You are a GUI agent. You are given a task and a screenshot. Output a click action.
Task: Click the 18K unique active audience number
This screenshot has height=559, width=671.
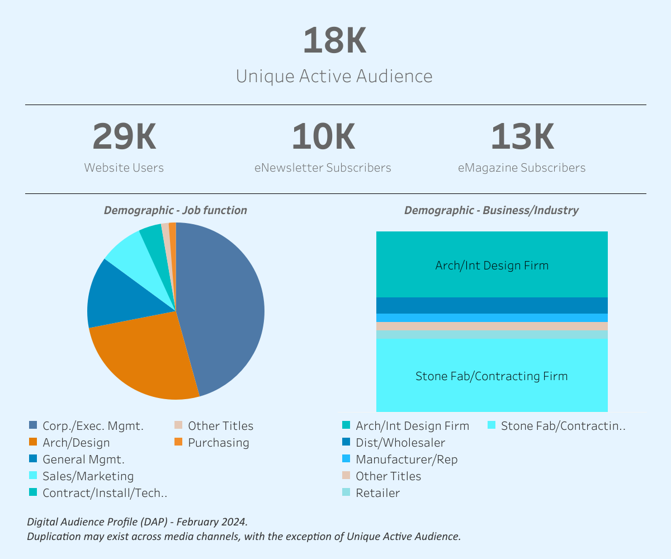pos(334,41)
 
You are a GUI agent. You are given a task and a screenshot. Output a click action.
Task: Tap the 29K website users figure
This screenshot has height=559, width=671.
pos(124,137)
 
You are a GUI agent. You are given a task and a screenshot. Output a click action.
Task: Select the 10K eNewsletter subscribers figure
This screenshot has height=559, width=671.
pos(323,137)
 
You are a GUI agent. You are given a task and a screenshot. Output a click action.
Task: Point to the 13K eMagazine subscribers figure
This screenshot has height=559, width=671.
pos(522,137)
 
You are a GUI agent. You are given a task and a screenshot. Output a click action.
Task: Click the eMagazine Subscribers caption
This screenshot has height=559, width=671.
pos(522,168)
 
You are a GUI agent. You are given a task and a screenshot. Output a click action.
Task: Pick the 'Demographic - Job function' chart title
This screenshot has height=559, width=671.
pos(175,210)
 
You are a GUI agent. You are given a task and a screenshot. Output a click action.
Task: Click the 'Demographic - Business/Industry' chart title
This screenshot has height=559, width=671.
pos(491,210)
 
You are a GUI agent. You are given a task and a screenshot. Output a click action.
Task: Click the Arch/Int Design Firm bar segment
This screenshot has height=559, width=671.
pos(492,265)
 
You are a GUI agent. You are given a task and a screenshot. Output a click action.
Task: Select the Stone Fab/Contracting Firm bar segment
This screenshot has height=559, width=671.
pos(492,376)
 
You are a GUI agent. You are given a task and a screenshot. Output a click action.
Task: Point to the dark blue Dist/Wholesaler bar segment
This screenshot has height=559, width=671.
pos(492,305)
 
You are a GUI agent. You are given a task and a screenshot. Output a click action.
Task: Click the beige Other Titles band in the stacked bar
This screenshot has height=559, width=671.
pos(492,326)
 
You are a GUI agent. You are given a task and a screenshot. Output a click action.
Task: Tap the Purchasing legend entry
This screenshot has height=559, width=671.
pos(218,443)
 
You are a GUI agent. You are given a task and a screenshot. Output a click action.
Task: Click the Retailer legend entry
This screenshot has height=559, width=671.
pos(377,493)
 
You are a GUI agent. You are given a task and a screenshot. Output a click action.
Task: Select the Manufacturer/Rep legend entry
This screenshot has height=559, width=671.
pos(406,459)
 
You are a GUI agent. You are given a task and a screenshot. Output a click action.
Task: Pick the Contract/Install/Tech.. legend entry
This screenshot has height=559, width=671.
pos(105,493)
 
